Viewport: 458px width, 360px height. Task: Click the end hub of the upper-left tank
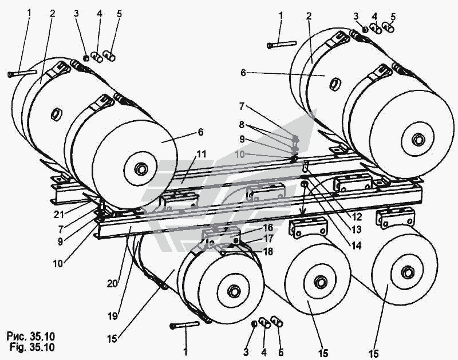[140, 170]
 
